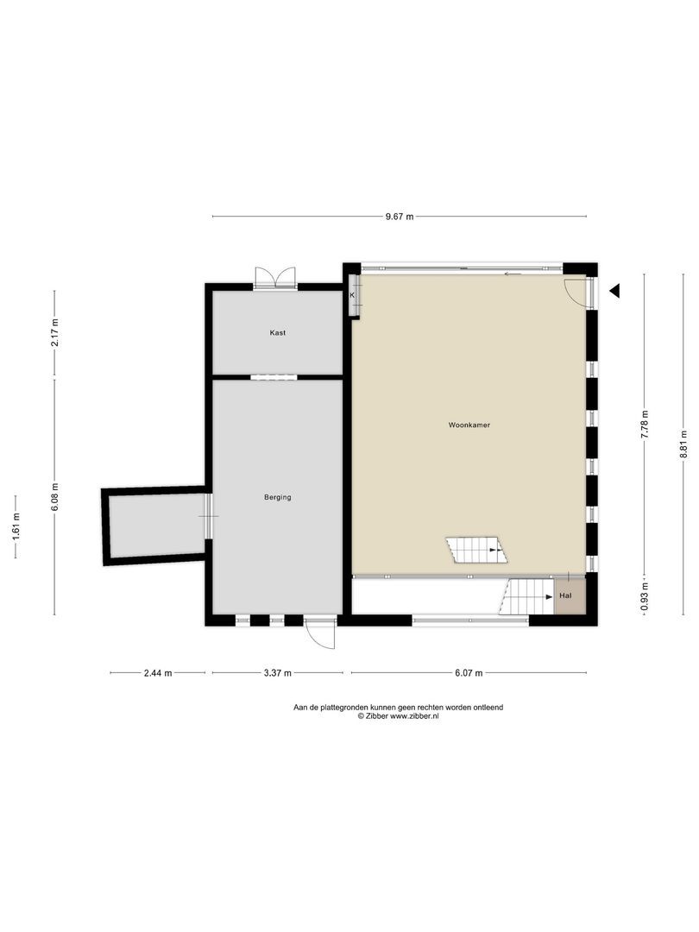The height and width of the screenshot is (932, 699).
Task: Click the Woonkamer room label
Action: click(x=469, y=425)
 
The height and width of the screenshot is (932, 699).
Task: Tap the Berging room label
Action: click(x=278, y=497)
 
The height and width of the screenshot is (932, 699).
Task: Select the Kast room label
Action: click(x=278, y=333)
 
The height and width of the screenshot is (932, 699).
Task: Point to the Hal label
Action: click(x=566, y=596)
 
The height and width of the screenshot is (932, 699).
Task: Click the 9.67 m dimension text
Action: click(x=400, y=217)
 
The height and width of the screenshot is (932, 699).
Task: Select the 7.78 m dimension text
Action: click(x=644, y=425)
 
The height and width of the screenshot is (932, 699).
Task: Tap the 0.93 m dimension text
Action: click(x=644, y=595)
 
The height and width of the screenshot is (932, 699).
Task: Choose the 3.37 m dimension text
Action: click(x=276, y=673)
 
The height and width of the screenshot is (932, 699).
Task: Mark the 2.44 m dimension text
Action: click(x=157, y=673)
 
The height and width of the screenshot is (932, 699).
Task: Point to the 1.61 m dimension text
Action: click(x=16, y=526)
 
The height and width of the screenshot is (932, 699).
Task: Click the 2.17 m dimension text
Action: click(x=54, y=333)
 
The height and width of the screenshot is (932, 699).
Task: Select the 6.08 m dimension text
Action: click(x=54, y=497)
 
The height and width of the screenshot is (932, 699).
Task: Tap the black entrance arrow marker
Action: click(x=614, y=291)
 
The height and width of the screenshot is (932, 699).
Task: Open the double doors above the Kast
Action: click(x=276, y=277)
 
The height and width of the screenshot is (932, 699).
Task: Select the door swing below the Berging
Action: click(x=321, y=634)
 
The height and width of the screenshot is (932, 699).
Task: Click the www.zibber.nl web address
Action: click(x=415, y=716)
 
